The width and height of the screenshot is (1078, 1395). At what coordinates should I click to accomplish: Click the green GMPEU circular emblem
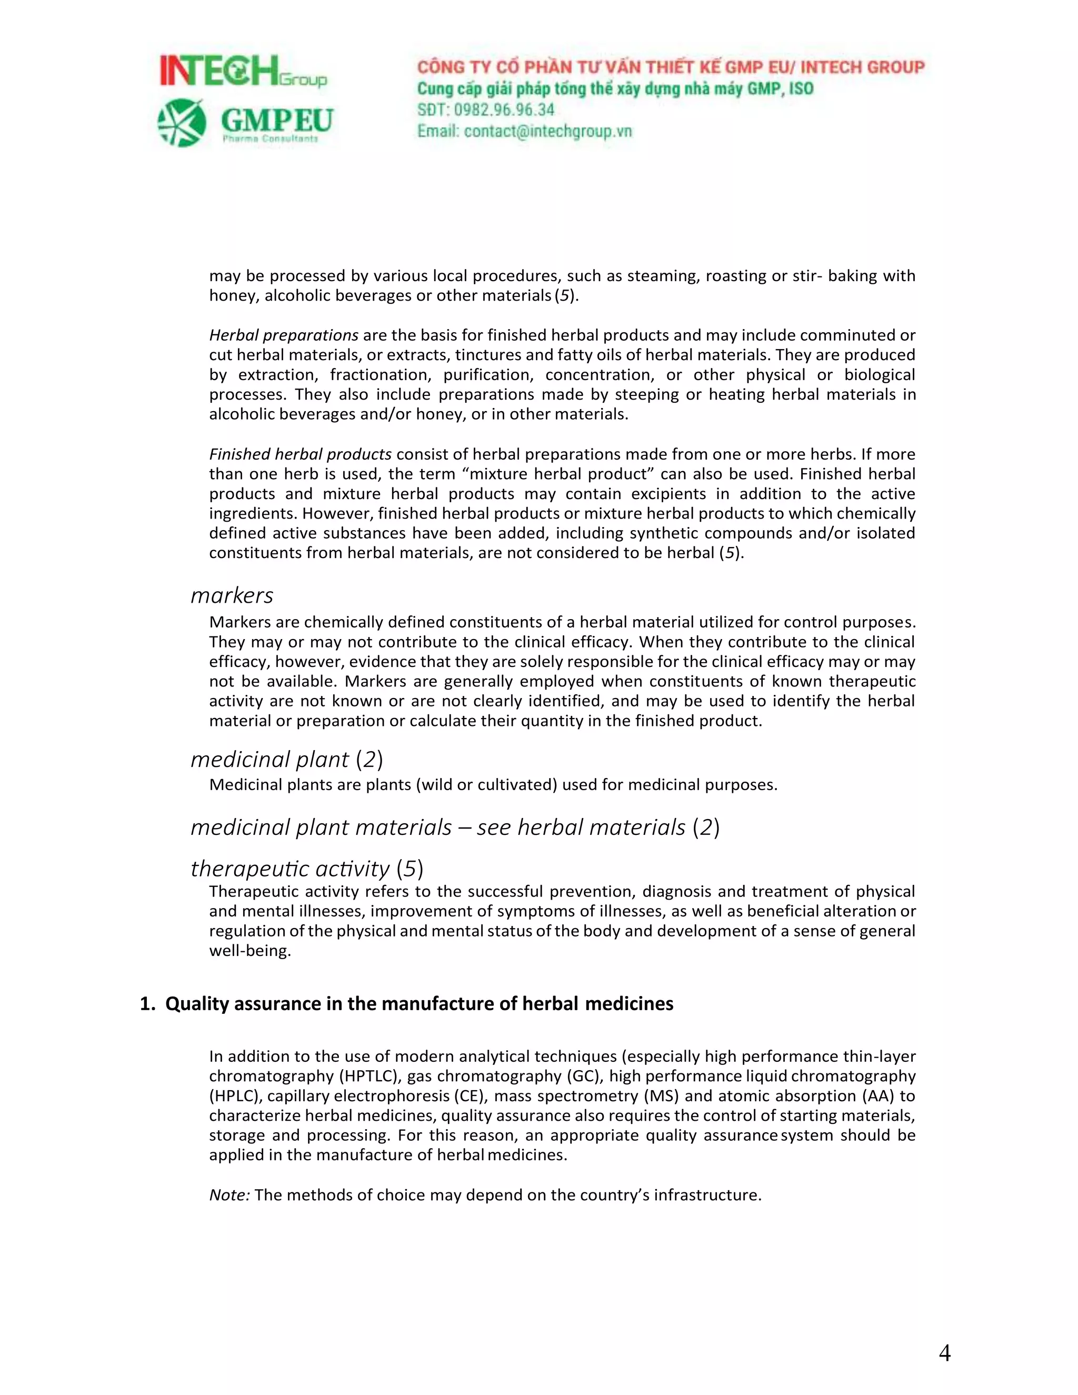[x=182, y=123]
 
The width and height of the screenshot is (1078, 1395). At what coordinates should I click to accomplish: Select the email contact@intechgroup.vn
[x=547, y=131]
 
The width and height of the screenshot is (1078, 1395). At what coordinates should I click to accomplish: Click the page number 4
[x=944, y=1353]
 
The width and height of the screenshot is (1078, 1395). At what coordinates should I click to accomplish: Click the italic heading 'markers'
[x=232, y=595]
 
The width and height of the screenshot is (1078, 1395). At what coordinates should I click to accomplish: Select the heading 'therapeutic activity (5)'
[x=306, y=868]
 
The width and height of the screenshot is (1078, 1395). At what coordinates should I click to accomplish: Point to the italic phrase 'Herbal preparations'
[x=284, y=335]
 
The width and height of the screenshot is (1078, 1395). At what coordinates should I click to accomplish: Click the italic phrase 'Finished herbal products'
[x=300, y=454]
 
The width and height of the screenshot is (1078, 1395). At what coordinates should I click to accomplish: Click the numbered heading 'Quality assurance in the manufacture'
[x=418, y=1004]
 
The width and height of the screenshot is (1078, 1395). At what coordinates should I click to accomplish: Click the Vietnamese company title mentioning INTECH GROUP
[x=671, y=67]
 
